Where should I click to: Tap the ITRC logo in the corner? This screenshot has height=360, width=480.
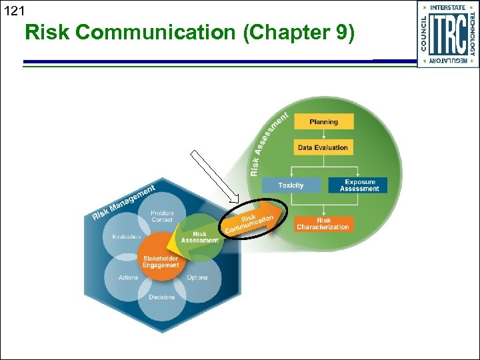click(x=447, y=34)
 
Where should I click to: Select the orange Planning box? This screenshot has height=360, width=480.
click(x=323, y=122)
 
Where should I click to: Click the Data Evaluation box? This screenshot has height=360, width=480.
click(x=323, y=147)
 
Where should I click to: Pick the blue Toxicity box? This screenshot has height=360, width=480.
click(x=291, y=185)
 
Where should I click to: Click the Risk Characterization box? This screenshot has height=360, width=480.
click(x=323, y=223)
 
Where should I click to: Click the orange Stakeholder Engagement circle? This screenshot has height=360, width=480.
click(x=161, y=260)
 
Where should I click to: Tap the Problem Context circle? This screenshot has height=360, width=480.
click(x=162, y=217)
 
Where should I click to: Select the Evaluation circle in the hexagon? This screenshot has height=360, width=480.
click(x=126, y=237)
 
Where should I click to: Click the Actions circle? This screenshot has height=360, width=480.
click(x=128, y=277)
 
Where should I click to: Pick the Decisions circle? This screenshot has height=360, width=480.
click(x=162, y=297)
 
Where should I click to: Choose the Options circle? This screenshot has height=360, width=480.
click(x=197, y=277)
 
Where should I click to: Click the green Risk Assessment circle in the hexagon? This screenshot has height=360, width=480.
click(x=199, y=237)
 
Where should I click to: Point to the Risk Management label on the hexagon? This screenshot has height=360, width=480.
click(x=123, y=202)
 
